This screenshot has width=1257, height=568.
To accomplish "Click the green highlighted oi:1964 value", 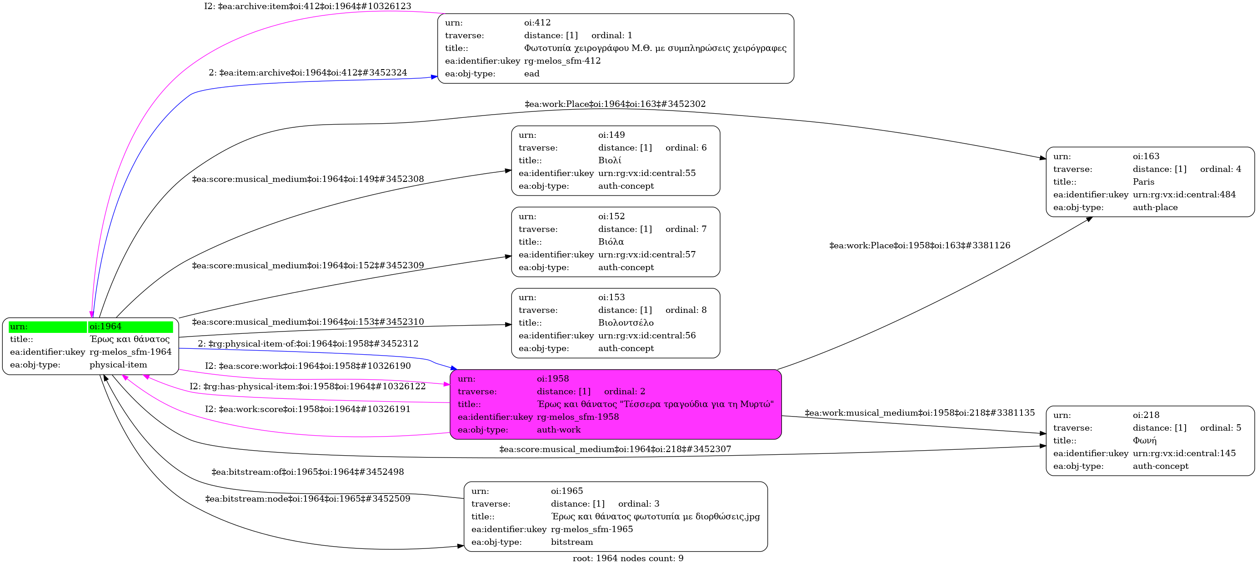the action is click(105, 327).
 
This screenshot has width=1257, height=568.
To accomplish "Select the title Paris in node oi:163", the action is click(1143, 182).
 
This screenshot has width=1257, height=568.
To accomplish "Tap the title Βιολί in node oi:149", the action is click(610, 161).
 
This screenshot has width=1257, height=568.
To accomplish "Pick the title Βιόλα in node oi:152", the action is click(611, 242).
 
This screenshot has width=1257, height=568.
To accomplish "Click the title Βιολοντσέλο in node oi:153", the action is click(626, 323).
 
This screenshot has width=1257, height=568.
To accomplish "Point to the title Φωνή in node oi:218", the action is click(1144, 441).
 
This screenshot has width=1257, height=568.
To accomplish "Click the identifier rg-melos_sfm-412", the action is click(562, 61).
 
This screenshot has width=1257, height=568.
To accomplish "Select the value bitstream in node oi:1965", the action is click(572, 542).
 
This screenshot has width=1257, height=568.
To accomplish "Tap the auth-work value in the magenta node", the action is click(559, 430).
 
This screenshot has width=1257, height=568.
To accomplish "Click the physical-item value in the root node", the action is click(118, 365).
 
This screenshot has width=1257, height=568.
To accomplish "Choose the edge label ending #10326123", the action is click(307, 6).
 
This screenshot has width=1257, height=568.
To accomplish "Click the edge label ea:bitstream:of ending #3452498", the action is click(307, 472).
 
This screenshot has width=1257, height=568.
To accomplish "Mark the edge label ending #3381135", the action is click(919, 413).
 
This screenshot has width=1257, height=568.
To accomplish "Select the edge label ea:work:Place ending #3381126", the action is click(920, 246).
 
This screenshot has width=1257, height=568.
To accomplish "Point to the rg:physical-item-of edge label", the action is click(308, 343).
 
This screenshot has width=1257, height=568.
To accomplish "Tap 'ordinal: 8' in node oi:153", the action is click(686, 310).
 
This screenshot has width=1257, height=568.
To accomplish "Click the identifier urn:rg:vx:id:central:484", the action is click(1184, 195).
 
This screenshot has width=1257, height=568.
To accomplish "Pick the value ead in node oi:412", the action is click(532, 74).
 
